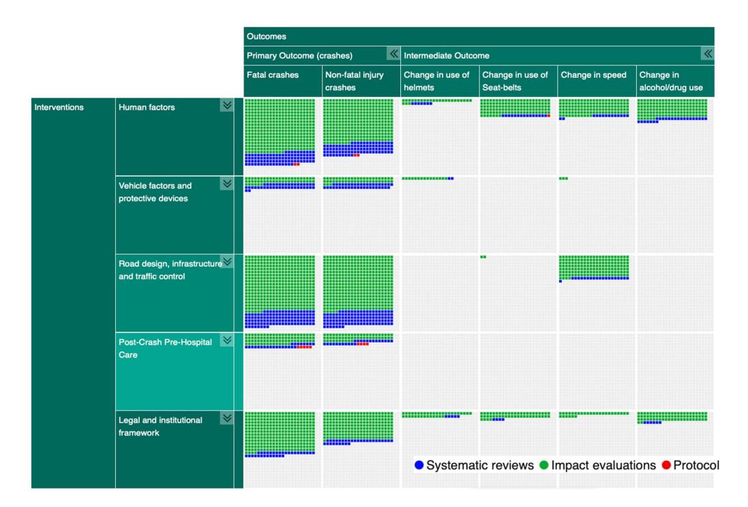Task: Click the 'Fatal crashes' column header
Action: pyautogui.click(x=272, y=75)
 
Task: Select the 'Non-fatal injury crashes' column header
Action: pyautogui.click(x=355, y=81)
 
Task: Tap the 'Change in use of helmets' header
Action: pyautogui.click(x=436, y=81)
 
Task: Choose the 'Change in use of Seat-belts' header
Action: pyautogui.click(x=515, y=81)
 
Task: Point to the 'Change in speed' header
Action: pyautogui.click(x=593, y=75)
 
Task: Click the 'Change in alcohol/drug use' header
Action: pyautogui.click(x=671, y=81)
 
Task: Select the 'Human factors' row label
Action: pyautogui.click(x=147, y=107)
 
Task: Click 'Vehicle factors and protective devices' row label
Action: pyautogui.click(x=155, y=192)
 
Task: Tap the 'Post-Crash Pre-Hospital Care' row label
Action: pyautogui.click(x=165, y=349)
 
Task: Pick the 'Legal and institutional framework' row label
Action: pyautogui.click(x=160, y=426)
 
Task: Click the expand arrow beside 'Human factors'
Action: pyautogui.click(x=227, y=105)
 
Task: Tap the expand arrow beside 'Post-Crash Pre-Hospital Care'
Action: pyautogui.click(x=227, y=340)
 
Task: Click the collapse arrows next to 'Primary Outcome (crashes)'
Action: pyautogui.click(x=393, y=53)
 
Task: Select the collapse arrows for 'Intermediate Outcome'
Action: pyautogui.click(x=708, y=53)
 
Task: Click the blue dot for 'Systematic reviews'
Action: pyautogui.click(x=419, y=465)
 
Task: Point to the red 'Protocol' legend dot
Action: pyautogui.click(x=666, y=465)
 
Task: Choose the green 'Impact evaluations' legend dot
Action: pyautogui.click(x=544, y=465)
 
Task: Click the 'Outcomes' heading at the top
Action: pyautogui.click(x=266, y=37)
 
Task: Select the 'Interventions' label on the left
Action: pyautogui.click(x=59, y=107)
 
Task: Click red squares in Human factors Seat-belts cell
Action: pyautogui.click(x=549, y=115)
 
